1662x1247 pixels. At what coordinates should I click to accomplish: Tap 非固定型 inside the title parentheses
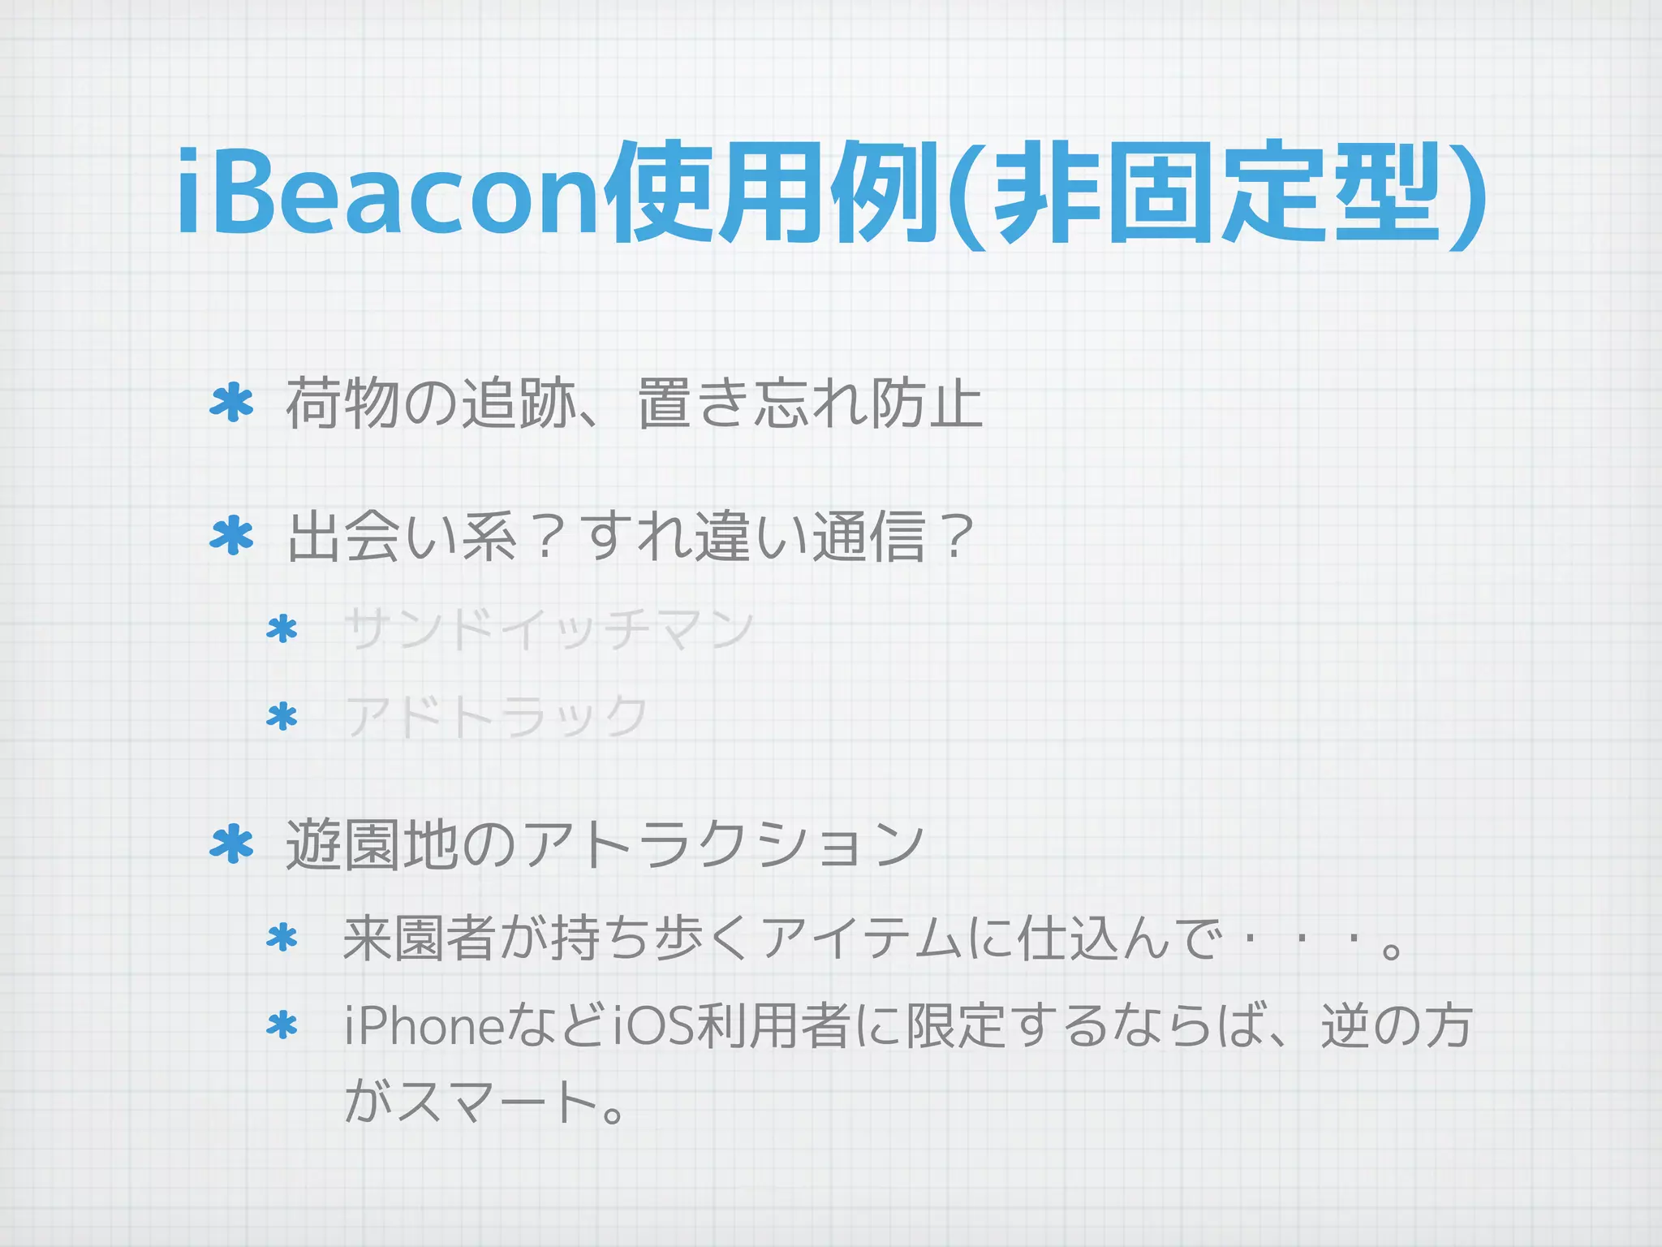click(1216, 193)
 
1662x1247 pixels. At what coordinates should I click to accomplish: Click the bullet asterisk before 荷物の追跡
click(232, 403)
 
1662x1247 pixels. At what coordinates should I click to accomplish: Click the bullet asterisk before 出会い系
click(232, 537)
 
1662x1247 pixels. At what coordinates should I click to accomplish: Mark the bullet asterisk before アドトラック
click(282, 717)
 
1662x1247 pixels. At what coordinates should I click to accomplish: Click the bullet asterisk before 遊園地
click(232, 844)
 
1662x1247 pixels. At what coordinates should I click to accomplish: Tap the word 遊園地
click(372, 844)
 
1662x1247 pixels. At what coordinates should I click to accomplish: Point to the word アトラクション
click(722, 844)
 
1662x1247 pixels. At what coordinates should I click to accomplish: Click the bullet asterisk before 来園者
click(282, 938)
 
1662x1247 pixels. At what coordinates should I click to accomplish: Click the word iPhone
click(424, 1026)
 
